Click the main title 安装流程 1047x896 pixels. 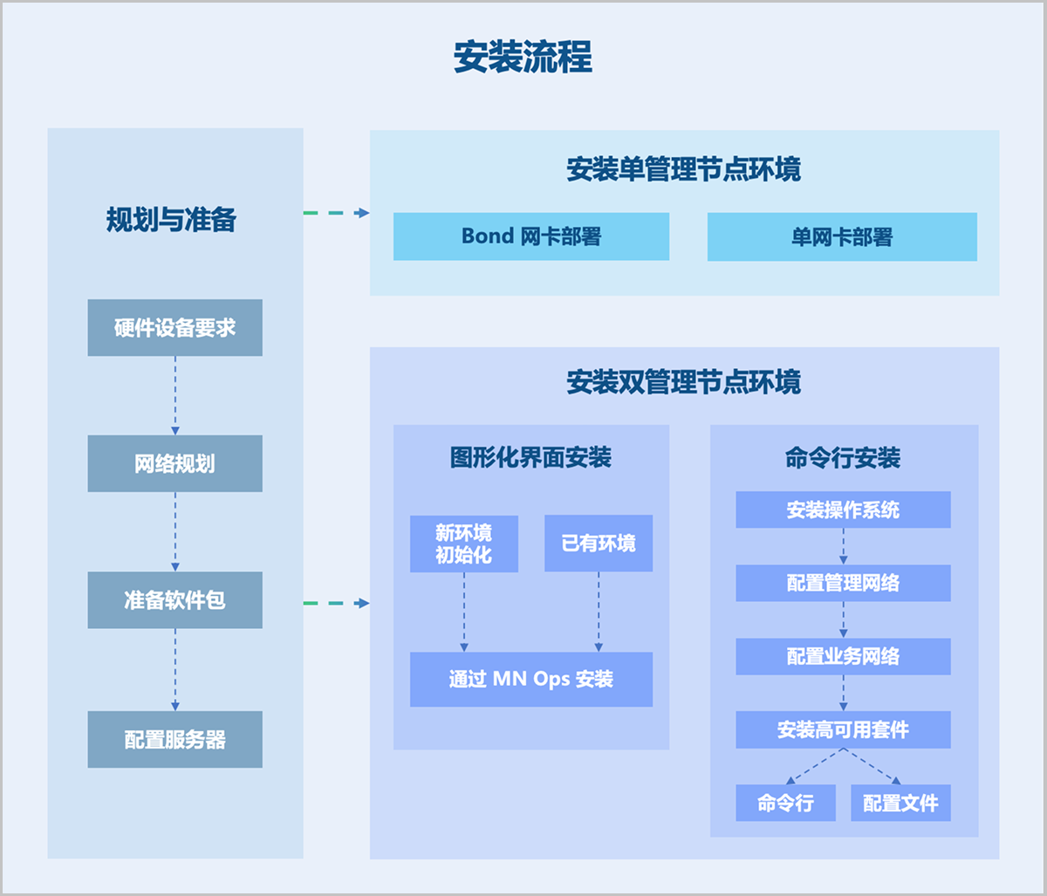click(x=523, y=58)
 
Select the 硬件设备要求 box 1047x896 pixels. click(x=174, y=328)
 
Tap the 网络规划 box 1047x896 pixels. click(x=174, y=463)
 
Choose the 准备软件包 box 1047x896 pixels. click(x=174, y=600)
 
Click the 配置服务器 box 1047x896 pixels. click(x=174, y=740)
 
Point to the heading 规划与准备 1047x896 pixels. click(x=172, y=219)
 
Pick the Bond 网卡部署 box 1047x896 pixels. click(x=530, y=236)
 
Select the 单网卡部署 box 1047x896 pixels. click(x=842, y=237)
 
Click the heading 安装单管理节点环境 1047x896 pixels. click(x=683, y=169)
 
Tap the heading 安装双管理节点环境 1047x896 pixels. click(x=683, y=382)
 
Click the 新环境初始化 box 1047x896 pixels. click(x=463, y=544)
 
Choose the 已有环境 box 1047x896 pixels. click(x=599, y=544)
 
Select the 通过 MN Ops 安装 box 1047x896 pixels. click(x=530, y=679)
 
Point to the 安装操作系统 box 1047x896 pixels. click(x=843, y=510)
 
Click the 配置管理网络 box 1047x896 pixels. click(x=843, y=583)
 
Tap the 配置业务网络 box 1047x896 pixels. click(x=843, y=656)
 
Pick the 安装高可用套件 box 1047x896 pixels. click(x=843, y=729)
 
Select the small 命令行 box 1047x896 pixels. click(x=785, y=803)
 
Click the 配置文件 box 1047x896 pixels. click(x=900, y=803)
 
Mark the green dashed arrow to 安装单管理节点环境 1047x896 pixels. click(x=336, y=213)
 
